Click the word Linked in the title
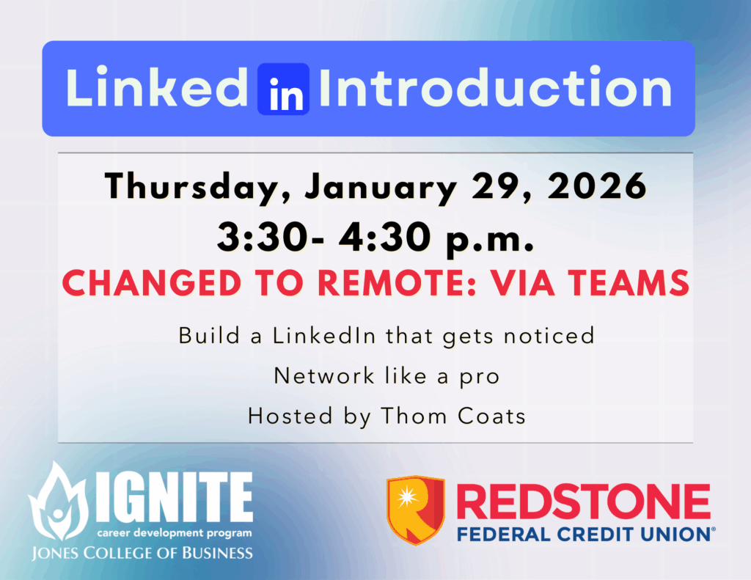158,89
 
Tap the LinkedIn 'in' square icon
283,89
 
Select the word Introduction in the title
496,89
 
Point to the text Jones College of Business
141,552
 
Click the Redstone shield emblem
416,510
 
